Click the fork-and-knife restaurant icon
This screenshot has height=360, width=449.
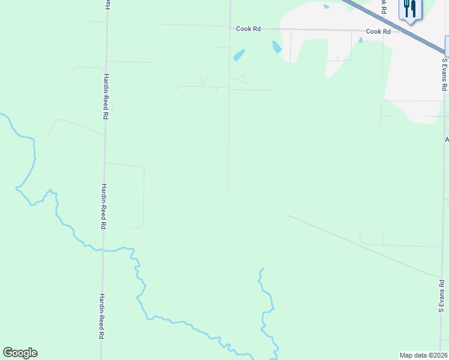tap(411, 9)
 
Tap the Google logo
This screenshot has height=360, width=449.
tap(20, 353)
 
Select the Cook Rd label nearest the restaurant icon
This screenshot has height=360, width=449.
tap(378, 31)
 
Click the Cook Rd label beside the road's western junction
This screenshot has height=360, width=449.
tap(248, 28)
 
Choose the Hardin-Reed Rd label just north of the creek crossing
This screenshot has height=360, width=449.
tap(103, 206)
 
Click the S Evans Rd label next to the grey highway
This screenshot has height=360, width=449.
tap(444, 74)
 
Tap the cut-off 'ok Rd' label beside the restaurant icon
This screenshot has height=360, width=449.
tap(382, 7)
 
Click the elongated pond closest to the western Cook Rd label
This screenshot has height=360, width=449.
tap(239, 55)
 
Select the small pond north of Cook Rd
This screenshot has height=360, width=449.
tap(326, 7)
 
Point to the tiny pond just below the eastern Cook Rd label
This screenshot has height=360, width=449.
tap(360, 40)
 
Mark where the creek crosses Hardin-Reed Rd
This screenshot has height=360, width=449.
tap(103, 250)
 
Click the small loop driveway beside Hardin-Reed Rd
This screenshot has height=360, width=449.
tap(110, 106)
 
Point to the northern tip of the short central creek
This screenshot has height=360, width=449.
tap(262, 268)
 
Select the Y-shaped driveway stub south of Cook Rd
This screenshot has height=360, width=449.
tap(205, 80)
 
